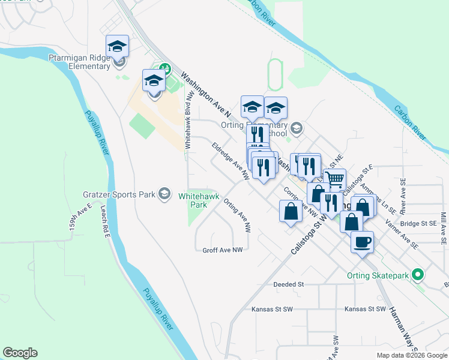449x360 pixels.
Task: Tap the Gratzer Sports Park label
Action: click(119, 194)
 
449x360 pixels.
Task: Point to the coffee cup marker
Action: click(362, 242)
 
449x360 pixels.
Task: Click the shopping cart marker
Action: click(335, 179)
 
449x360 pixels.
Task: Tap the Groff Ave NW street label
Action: click(222, 250)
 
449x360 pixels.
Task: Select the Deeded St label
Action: click(289, 284)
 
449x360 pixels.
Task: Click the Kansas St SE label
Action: click(365, 309)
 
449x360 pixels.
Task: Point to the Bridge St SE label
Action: click(418, 223)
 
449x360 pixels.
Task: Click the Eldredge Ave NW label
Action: click(230, 161)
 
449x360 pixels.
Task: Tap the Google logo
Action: click(20, 353)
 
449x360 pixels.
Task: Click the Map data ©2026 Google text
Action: click(412, 355)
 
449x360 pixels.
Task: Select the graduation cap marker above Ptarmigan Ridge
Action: click(118, 46)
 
